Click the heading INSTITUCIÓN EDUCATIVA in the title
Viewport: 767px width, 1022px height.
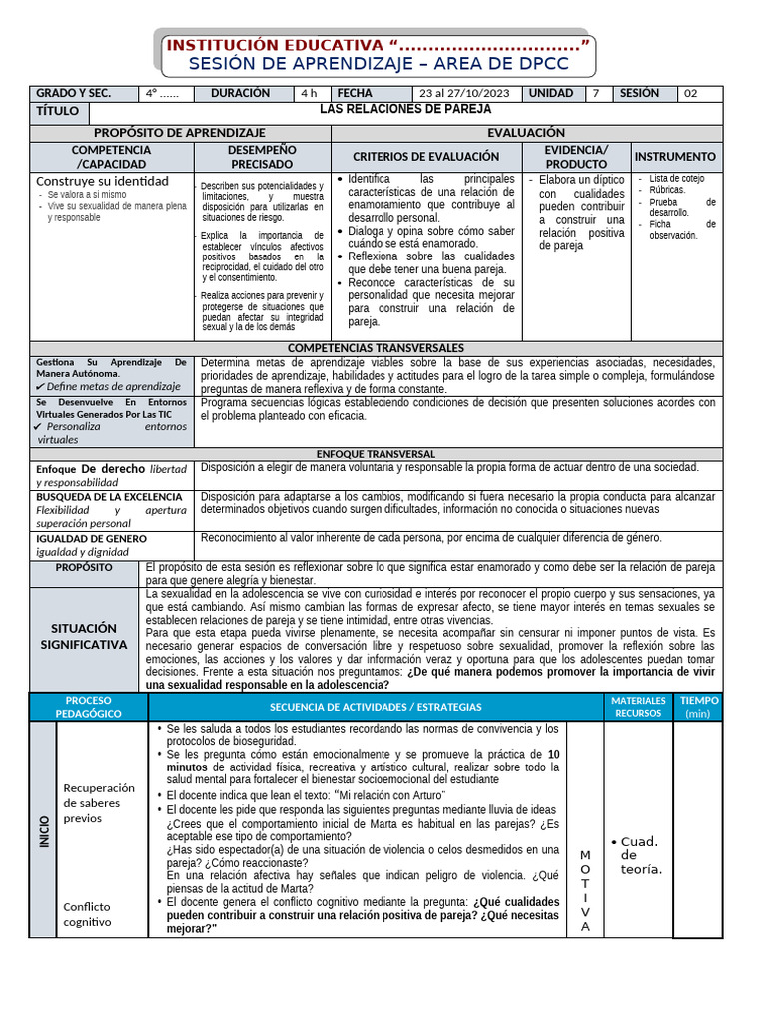point(274,46)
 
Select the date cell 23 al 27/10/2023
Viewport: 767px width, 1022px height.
point(464,93)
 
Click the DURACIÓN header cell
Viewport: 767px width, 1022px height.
point(240,93)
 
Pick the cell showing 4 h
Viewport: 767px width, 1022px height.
point(309,93)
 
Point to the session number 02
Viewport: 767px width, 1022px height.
point(691,93)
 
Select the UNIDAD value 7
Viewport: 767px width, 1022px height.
point(596,93)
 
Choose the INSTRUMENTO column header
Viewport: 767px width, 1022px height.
point(675,157)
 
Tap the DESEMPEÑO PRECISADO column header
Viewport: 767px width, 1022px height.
point(263,157)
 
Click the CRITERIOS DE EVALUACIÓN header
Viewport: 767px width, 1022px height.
point(425,157)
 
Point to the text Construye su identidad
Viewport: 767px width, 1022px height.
point(102,181)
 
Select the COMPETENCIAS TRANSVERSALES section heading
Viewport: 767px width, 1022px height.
point(376,347)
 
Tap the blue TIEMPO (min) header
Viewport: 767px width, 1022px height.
point(698,707)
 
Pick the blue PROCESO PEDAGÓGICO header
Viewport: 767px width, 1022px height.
point(89,707)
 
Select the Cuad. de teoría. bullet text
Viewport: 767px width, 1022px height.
point(639,855)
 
